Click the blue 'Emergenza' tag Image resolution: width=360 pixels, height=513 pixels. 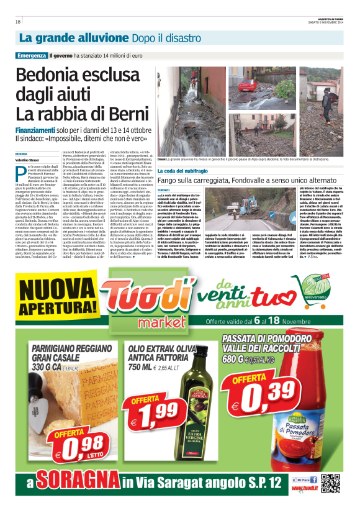click(x=32, y=55)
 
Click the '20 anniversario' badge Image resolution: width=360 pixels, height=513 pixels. click(x=328, y=294)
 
